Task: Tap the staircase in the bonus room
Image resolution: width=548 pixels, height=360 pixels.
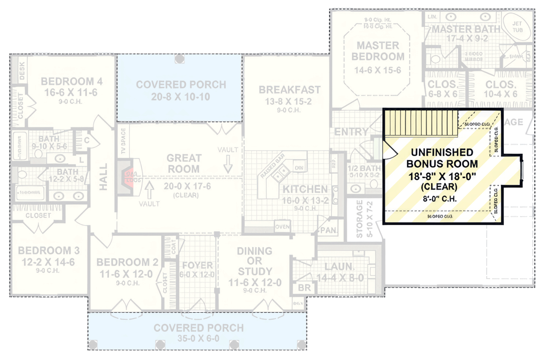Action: tap(421, 123)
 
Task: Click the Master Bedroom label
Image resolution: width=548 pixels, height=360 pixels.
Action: tap(378, 51)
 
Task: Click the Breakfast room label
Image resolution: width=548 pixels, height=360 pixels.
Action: tap(289, 90)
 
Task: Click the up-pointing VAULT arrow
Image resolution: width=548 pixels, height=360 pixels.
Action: tap(149, 192)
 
